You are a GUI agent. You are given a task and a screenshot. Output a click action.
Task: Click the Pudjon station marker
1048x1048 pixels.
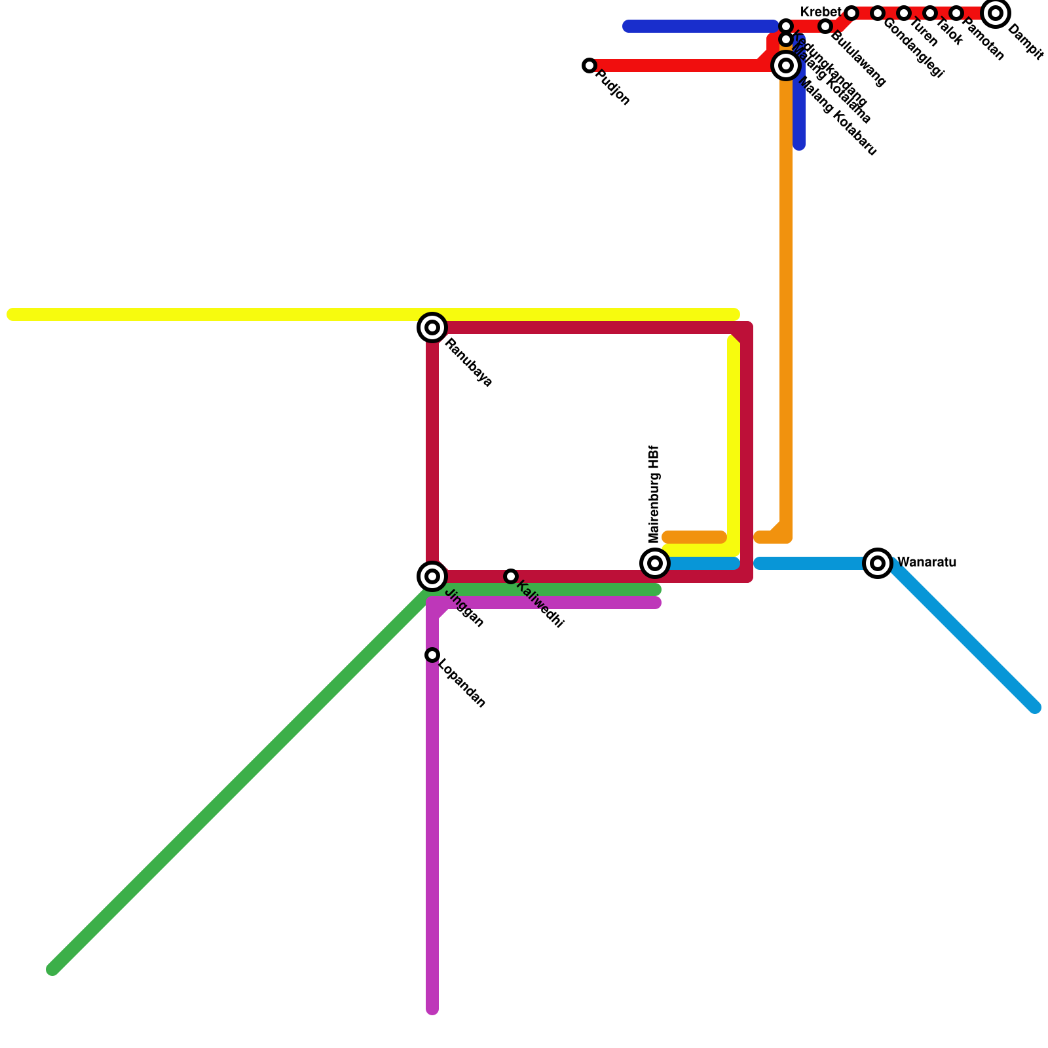pyautogui.click(x=589, y=65)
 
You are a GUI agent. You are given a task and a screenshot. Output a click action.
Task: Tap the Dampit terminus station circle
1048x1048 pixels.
pyautogui.click(x=996, y=13)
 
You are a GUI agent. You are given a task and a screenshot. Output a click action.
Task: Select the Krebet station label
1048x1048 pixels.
pyautogui.click(x=820, y=12)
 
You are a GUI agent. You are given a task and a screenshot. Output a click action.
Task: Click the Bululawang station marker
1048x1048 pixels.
pyautogui.click(x=825, y=26)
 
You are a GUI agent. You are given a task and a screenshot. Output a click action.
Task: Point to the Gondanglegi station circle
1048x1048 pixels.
pyautogui.click(x=878, y=13)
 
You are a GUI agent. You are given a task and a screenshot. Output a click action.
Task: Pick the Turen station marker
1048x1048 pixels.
pyautogui.click(x=904, y=13)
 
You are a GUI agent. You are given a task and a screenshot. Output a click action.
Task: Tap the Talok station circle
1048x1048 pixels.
pyautogui.click(x=930, y=13)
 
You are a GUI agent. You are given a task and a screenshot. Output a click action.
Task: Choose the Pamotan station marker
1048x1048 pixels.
pyautogui.click(x=956, y=13)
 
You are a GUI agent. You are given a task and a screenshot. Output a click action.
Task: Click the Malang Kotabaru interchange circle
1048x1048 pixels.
pyautogui.click(x=786, y=65)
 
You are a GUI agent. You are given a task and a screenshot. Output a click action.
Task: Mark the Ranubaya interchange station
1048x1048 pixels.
pyautogui.click(x=432, y=327)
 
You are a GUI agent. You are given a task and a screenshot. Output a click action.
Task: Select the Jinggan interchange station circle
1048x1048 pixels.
pyautogui.click(x=432, y=576)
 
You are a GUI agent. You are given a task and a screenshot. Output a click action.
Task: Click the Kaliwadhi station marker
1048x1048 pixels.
pyautogui.click(x=511, y=576)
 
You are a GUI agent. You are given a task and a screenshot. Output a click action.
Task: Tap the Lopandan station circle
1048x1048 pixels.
pyautogui.click(x=432, y=655)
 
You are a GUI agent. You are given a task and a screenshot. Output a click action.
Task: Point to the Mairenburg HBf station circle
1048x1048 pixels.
pyautogui.click(x=655, y=563)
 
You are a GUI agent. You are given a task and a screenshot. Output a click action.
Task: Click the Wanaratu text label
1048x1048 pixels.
pyautogui.click(x=926, y=563)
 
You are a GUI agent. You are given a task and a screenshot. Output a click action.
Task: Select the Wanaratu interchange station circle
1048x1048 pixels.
pyautogui.click(x=878, y=563)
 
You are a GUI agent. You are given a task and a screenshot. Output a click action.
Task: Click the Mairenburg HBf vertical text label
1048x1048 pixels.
pyautogui.click(x=654, y=495)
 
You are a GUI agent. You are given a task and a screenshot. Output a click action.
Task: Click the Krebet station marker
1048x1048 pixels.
pyautogui.click(x=851, y=13)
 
